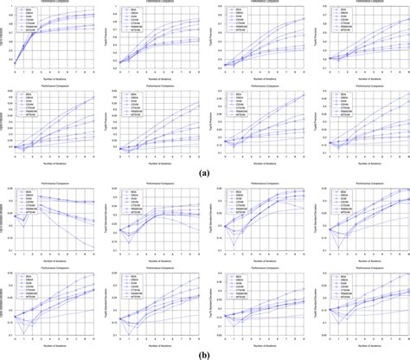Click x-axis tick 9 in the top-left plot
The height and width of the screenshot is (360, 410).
click(95, 74)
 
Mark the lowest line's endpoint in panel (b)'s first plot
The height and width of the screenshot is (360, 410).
click(95, 248)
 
